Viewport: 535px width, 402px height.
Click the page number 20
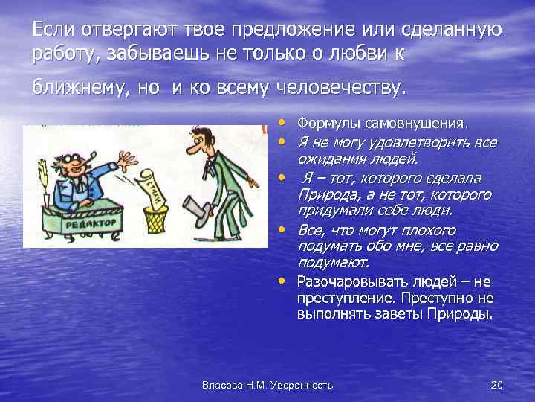(x=497, y=385)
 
